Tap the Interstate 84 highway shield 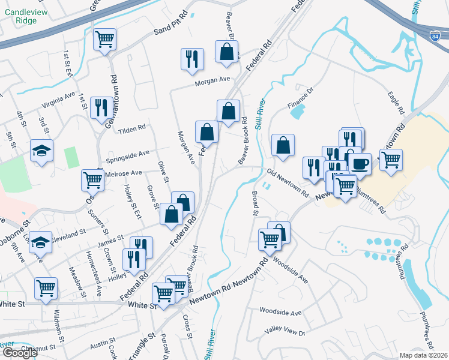pos(437,34)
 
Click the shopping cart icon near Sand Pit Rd pos(106,40)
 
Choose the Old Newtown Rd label pos(288,184)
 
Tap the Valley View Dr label pos(286,332)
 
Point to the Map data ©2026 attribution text pos(424,355)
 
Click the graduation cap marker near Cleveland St pos(41,241)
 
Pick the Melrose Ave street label pos(124,173)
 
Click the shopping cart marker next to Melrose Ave pos(92,179)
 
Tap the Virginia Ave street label pos(58,100)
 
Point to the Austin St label pos(98,346)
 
